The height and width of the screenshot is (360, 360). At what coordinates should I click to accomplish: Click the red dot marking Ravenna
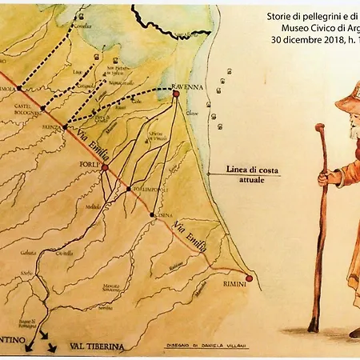point(175,94)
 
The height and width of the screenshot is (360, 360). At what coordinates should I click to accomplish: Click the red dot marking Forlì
point(104,168)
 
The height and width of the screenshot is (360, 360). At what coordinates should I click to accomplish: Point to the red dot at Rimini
point(249,278)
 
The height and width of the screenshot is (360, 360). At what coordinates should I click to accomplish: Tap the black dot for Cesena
point(153,215)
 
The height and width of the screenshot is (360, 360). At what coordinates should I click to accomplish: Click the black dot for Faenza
point(65,127)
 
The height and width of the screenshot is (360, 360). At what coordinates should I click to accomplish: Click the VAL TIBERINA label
point(100,347)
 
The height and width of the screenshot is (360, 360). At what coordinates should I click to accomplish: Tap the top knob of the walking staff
point(320,128)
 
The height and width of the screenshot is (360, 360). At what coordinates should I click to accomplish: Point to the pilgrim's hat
point(348,98)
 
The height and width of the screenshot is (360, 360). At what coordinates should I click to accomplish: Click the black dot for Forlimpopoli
point(129,190)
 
